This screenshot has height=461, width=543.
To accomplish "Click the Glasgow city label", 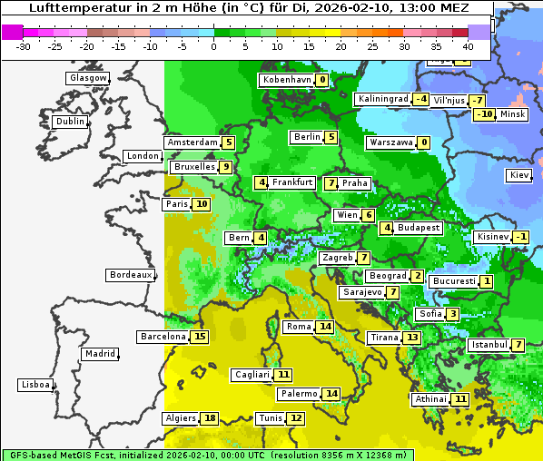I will [87, 78].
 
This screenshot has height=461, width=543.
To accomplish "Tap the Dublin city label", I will [69, 122].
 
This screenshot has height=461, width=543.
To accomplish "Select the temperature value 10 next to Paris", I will [201, 204].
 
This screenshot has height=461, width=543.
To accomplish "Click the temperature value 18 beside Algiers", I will [210, 418].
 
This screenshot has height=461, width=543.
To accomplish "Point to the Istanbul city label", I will [489, 345].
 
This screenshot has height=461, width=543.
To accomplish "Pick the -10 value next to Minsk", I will [484, 114].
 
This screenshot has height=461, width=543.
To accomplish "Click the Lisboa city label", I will [35, 385].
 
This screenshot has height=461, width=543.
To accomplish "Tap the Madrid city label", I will [99, 354].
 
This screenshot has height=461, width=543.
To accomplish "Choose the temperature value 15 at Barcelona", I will [200, 337].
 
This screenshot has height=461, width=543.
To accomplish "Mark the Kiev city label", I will [519, 175].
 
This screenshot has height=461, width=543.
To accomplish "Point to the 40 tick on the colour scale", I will [468, 45].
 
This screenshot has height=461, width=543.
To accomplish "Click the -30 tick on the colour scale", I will [24, 45].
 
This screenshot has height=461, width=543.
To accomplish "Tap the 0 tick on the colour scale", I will [213, 45].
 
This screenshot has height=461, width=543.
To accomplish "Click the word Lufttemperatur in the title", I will [78, 8].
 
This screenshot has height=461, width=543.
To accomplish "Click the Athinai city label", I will [430, 399].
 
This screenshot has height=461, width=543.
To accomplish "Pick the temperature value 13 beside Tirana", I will [412, 338].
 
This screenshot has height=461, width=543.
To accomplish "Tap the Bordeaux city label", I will [130, 275].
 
